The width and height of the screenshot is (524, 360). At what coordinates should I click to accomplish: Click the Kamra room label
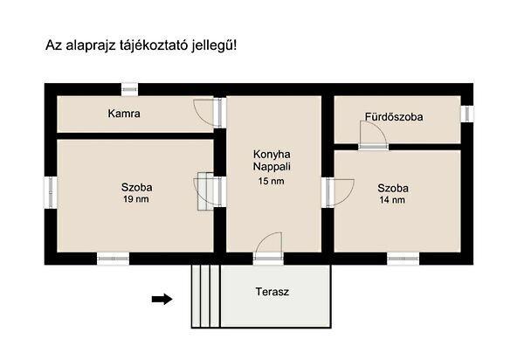(125, 114)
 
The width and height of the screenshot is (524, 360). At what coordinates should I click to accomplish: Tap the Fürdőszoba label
(394, 116)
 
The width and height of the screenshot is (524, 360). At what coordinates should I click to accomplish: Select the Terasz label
(272, 291)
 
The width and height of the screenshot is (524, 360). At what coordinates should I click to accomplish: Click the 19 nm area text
(137, 199)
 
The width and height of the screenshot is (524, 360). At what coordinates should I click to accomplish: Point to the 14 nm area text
(392, 200)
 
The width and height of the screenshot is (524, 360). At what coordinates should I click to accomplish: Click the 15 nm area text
(271, 181)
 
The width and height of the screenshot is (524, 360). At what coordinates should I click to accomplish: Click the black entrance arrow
(162, 299)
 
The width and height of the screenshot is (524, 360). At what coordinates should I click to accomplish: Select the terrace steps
(204, 296)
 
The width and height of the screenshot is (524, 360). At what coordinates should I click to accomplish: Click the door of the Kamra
(204, 112)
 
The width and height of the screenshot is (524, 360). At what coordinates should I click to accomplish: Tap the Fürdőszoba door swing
(370, 134)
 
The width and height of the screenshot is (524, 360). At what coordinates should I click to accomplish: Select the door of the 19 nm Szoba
(207, 189)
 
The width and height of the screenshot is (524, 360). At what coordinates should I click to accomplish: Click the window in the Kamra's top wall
(129, 88)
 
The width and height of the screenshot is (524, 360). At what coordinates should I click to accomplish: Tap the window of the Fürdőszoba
(467, 113)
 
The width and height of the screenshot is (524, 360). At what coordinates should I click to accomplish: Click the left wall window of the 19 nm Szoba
(50, 190)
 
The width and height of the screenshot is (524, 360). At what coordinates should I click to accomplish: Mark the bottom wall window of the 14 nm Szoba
(403, 258)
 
